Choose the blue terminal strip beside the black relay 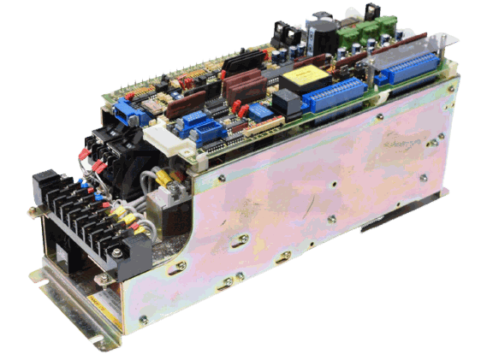pyautogui.click(x=336, y=96)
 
